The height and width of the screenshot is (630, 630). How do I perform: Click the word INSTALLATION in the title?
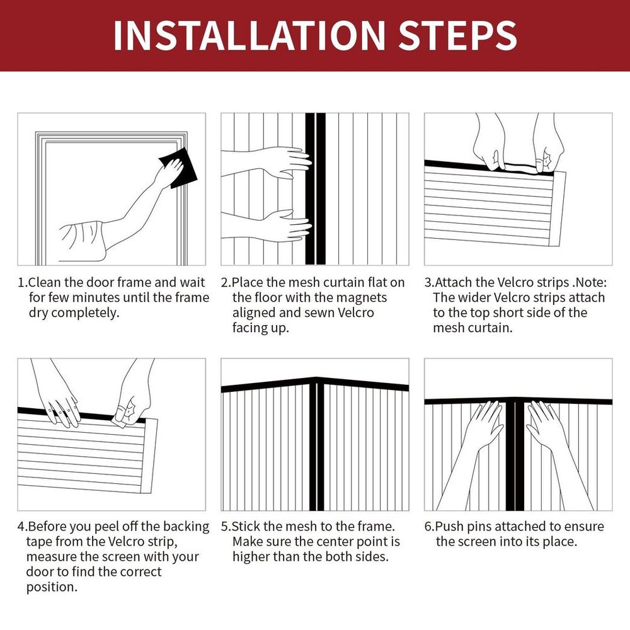(x=249, y=35)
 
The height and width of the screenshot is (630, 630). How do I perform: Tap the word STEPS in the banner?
(x=457, y=35)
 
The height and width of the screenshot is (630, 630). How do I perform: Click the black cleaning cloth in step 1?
(x=179, y=168)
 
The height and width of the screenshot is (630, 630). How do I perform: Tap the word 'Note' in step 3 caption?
(x=590, y=282)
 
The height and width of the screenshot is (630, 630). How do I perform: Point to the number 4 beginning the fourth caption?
(x=21, y=527)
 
